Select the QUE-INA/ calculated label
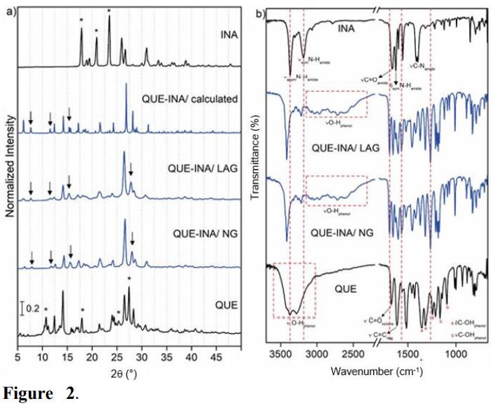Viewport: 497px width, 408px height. [x=189, y=98]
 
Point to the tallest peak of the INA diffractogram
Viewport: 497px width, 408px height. [x=108, y=15]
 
